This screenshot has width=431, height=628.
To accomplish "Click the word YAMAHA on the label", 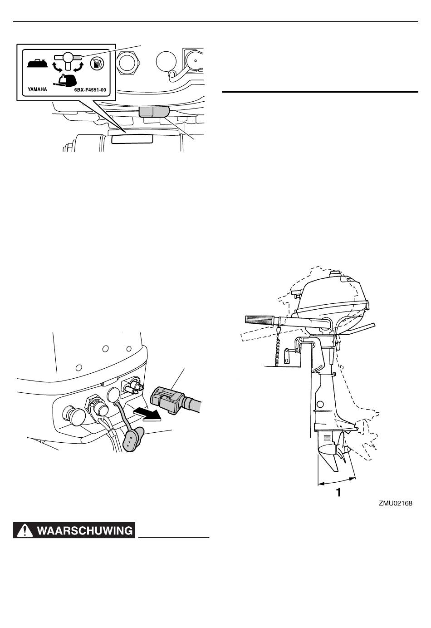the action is tap(37, 90).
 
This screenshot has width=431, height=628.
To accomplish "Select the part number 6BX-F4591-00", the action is tap(90, 90).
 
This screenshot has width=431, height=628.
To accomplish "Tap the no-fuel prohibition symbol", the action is tap(97, 63).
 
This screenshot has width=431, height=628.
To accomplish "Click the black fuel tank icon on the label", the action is tap(37, 64).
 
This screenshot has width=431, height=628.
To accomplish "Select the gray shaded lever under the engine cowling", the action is tap(153, 112).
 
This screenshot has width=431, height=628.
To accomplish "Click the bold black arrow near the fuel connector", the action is tap(147, 414).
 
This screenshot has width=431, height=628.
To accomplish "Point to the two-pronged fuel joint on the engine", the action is tap(132, 387).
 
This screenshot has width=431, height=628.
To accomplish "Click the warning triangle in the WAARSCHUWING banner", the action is tap(25, 530).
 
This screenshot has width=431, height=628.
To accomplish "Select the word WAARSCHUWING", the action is tap(85, 530).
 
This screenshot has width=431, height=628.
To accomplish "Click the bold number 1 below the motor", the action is tap(338, 492).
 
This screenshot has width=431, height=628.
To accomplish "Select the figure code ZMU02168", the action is tap(396, 503).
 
